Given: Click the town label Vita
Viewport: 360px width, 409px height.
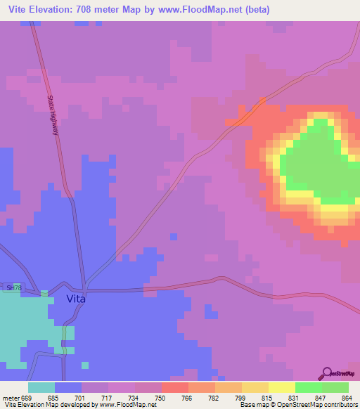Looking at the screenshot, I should click(x=76, y=299).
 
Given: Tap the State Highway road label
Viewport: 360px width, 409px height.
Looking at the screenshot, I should click(x=54, y=119).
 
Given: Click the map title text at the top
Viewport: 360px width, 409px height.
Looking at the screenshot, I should click(x=139, y=10).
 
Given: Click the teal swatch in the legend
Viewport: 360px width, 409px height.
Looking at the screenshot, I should click(x=41, y=387).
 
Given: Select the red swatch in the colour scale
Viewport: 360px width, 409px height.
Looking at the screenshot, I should click(x=174, y=387).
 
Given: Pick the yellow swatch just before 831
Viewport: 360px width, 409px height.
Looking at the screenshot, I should click(x=255, y=387).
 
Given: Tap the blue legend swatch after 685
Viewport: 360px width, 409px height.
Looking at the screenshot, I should click(x=68, y=387).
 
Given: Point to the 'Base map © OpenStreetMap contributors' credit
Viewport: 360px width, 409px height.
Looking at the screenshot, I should click(x=298, y=404).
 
